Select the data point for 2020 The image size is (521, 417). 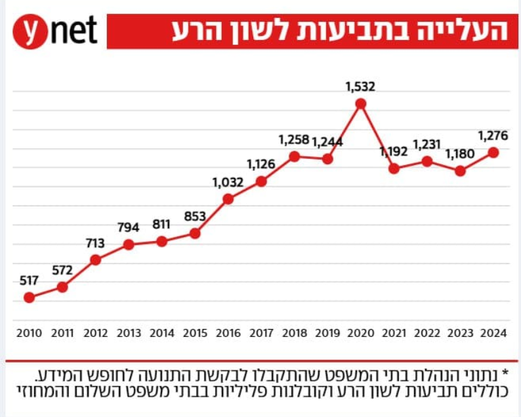click(x=360, y=103)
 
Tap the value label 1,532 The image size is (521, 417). click(x=360, y=85)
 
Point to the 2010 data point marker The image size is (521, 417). click(x=29, y=297)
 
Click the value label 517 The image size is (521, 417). click(x=29, y=280)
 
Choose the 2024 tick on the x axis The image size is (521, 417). click(x=493, y=333)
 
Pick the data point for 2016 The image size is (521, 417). click(x=228, y=199)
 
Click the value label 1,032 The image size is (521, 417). click(x=228, y=182)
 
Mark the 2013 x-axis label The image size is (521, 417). click(x=129, y=333)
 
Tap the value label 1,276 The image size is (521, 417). click(x=493, y=136)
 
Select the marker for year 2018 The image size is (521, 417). click(x=295, y=156)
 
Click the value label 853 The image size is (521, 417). click(x=195, y=216)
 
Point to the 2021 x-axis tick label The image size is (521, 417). click(x=394, y=333)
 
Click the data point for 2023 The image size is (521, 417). click(x=460, y=171)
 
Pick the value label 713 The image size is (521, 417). click(x=95, y=243)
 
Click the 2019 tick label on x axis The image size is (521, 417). click(x=327, y=333)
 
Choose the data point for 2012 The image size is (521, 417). click(x=95, y=260)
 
